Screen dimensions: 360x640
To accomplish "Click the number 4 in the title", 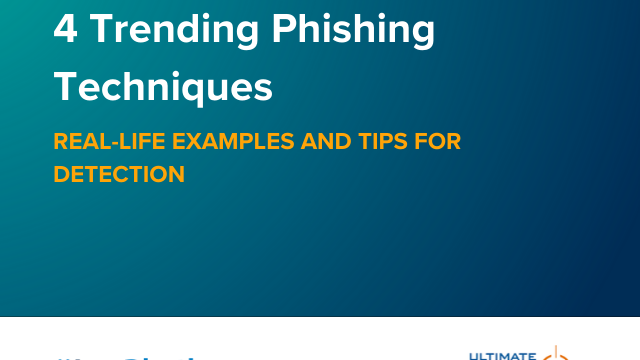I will pyautogui.click(x=64, y=29).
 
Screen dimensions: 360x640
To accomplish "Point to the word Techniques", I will pyautogui.click(x=163, y=87).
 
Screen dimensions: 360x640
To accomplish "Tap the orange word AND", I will pyautogui.click(x=316, y=142).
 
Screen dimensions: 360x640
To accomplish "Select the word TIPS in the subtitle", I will pyautogui.click(x=378, y=142).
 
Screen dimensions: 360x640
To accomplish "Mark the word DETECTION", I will pyautogui.click(x=119, y=174).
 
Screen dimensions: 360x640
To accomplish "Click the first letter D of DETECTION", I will pyautogui.click(x=61, y=174).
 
